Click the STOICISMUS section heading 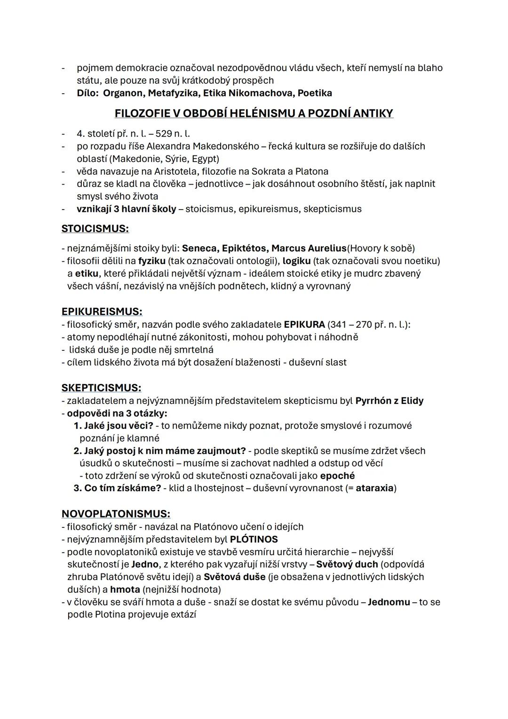coord(95,229)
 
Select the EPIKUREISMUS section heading coord(102,312)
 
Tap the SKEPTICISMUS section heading coord(101,388)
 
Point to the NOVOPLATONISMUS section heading coord(116,514)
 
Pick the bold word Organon coord(123,93)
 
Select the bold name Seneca coord(199,248)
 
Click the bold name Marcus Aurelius coord(309,248)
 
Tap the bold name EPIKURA coord(304,324)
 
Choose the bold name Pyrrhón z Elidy coord(389,401)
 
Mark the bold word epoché coord(337,476)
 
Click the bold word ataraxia coord(374,488)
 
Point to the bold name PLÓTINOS coord(254,539)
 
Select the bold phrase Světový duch coord(347,564)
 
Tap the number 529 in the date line coord(163,134)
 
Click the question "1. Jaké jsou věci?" coord(113,426)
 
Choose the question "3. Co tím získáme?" coord(117,488)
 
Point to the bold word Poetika coord(315,93)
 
